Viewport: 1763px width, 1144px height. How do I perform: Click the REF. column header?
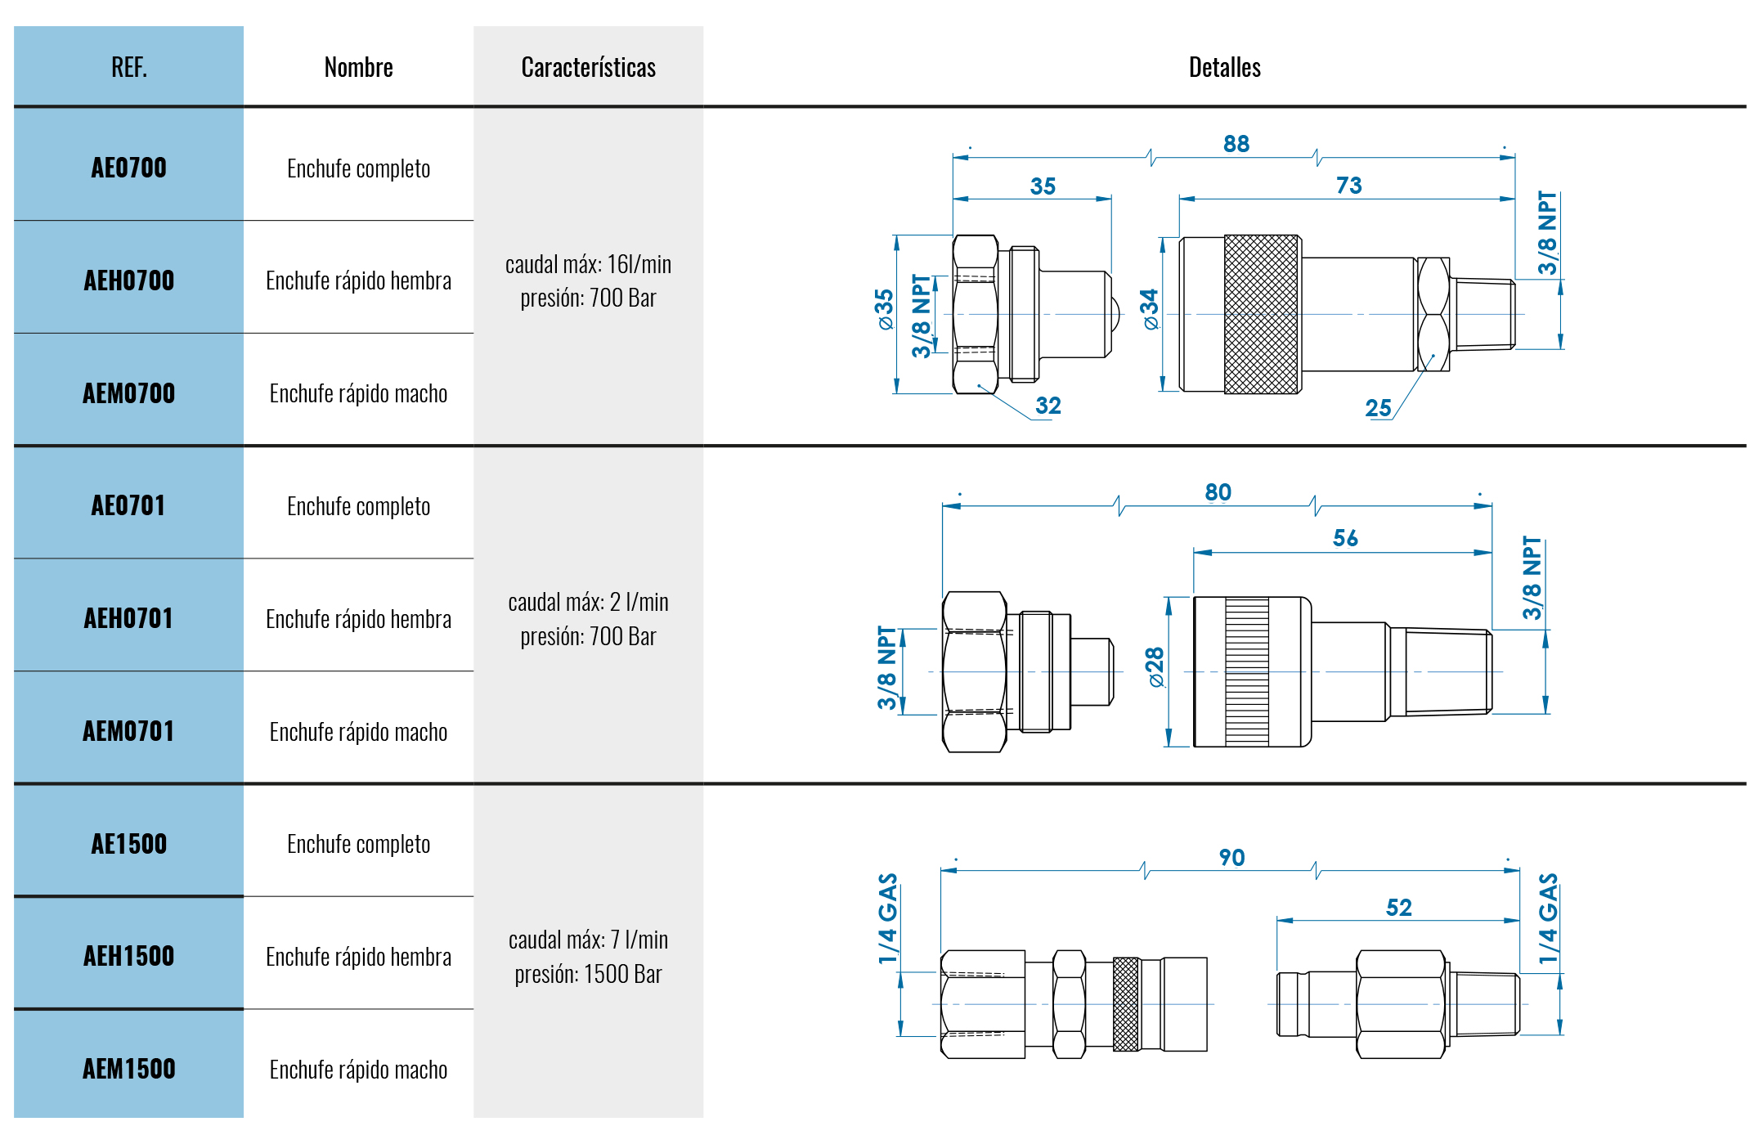point(129,67)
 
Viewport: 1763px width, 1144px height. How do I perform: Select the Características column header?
point(588,67)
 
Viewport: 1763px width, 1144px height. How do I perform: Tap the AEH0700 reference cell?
point(129,280)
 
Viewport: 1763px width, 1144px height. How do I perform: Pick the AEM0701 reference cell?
point(129,731)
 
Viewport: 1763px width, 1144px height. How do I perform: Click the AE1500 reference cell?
point(129,844)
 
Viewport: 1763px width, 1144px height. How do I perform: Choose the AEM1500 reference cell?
point(129,1069)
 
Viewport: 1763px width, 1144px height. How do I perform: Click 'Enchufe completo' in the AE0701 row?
point(358,506)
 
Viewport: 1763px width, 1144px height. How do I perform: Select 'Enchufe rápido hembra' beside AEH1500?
point(358,957)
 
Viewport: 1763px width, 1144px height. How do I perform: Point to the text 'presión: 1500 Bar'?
point(588,974)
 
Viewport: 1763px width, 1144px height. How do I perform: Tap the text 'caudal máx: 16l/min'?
point(588,264)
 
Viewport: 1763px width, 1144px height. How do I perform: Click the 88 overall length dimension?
point(1236,144)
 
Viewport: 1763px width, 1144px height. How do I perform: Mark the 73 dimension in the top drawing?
point(1348,186)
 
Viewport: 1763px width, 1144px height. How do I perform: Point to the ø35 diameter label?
point(884,309)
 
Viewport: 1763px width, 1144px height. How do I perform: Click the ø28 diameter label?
point(1155,667)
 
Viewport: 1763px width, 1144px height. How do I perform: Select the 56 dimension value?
point(1345,538)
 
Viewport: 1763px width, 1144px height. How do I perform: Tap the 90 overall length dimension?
point(1231,858)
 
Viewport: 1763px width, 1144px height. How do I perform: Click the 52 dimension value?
point(1398,908)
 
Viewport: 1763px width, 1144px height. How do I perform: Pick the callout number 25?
point(1378,408)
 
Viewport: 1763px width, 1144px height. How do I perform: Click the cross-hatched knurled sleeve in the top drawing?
point(1261,314)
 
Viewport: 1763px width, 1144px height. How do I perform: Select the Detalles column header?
point(1224,67)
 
